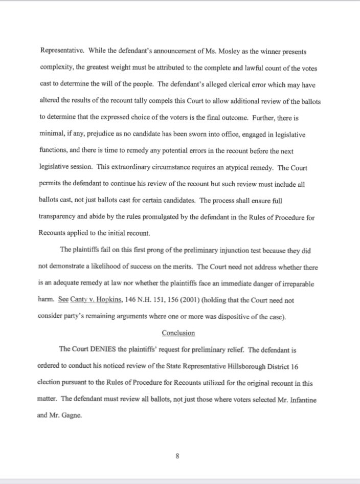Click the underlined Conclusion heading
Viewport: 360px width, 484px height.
tap(178, 333)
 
